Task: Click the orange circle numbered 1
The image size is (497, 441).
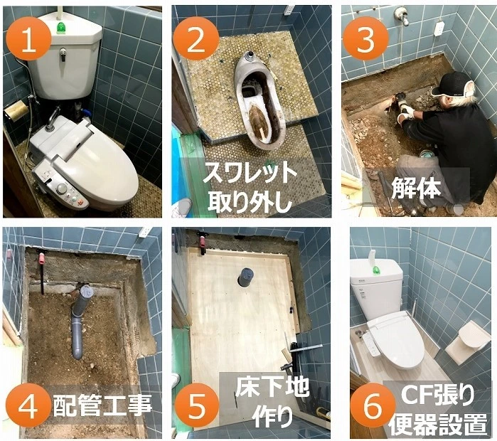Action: click(x=29, y=40)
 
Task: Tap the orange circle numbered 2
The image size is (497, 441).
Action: click(x=196, y=40)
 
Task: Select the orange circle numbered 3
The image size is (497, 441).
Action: click(x=366, y=40)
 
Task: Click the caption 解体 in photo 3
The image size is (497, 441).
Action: click(x=416, y=188)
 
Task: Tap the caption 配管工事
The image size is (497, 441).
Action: click(x=102, y=405)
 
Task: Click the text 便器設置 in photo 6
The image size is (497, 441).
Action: click(x=438, y=424)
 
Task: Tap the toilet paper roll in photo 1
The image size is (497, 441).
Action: click(x=16, y=110)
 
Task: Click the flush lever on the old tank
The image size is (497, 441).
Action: click(x=63, y=54)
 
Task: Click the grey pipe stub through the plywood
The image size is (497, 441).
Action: click(x=245, y=277)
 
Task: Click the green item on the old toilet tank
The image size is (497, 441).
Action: click(x=60, y=27)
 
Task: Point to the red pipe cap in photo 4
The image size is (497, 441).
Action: click(x=41, y=257)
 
